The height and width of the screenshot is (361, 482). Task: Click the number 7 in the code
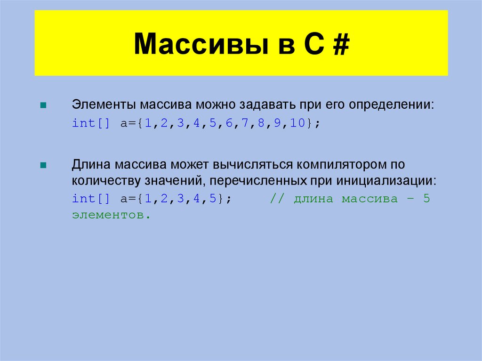(x=245, y=123)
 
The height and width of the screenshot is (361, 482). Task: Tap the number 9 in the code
(x=277, y=123)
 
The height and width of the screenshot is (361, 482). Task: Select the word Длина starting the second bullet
(x=91, y=165)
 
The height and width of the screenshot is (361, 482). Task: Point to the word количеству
(x=103, y=181)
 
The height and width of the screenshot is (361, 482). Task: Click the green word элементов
(x=111, y=215)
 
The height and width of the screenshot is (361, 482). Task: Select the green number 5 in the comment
(x=426, y=199)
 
